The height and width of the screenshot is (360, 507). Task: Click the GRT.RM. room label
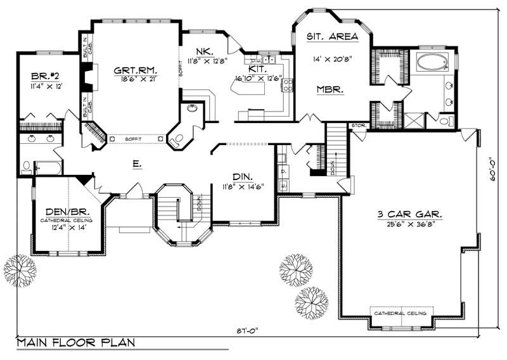point(136,70)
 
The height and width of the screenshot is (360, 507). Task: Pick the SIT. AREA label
point(332,37)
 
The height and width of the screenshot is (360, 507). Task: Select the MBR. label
point(330,90)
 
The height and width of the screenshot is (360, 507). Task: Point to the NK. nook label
point(204,51)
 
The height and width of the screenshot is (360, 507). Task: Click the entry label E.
point(136,163)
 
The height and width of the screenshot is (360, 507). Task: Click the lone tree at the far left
point(20,271)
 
